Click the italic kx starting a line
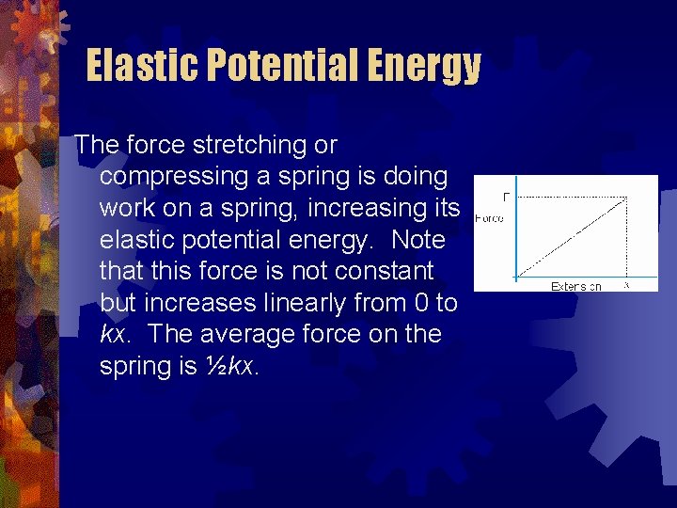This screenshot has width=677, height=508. [117, 335]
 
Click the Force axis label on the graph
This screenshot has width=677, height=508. [489, 218]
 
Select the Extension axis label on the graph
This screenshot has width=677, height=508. [576, 286]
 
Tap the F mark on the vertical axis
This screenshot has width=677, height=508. [507, 197]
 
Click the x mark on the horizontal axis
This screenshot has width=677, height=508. [627, 285]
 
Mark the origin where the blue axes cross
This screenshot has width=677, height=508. [516, 278]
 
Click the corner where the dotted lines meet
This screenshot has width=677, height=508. [627, 197]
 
